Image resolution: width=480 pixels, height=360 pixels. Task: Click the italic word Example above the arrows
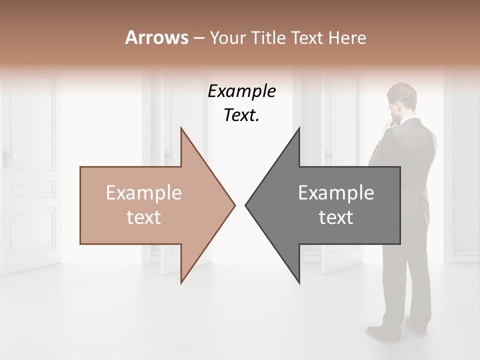pos(241,91)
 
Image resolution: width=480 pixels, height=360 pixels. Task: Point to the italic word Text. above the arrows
pos(241,115)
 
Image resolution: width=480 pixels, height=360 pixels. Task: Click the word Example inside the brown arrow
pos(144,193)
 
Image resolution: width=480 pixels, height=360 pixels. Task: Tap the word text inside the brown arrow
pos(144,217)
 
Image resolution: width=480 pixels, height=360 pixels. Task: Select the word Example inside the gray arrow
pos(336,193)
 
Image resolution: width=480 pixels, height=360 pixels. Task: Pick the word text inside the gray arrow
pos(336,217)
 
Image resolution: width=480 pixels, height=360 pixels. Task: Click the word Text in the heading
pos(307,37)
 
